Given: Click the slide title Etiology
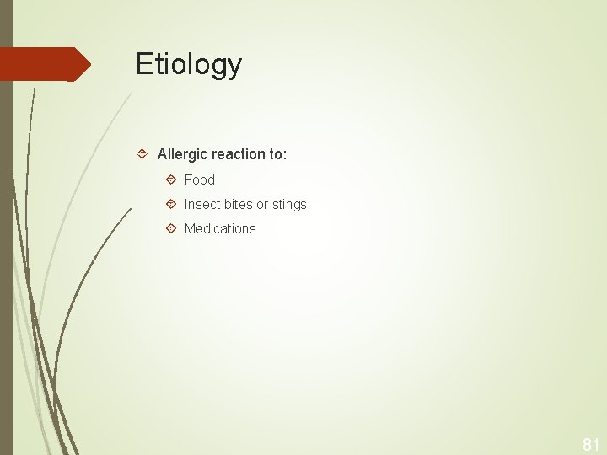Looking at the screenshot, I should click(x=189, y=65).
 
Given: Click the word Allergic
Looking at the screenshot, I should click(x=180, y=154).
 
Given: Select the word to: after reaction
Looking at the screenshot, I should click(x=278, y=154).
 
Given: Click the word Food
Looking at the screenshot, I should click(x=200, y=179).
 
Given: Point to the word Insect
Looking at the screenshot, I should click(x=201, y=204).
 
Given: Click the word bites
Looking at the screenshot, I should click(x=239, y=204).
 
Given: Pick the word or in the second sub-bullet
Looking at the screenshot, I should click(x=265, y=204).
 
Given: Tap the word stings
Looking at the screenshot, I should click(x=290, y=204).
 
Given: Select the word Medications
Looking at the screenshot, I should click(x=220, y=228).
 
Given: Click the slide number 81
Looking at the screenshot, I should click(x=590, y=443).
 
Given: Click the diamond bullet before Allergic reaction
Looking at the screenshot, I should click(x=143, y=154).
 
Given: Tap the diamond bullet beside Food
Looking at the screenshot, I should click(x=171, y=179).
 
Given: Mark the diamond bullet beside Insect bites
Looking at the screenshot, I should click(x=171, y=204).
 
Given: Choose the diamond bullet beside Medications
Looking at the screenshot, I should click(x=171, y=228).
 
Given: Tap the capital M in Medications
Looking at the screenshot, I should click(x=190, y=228).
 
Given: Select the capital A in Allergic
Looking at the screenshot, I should click(x=163, y=154).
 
